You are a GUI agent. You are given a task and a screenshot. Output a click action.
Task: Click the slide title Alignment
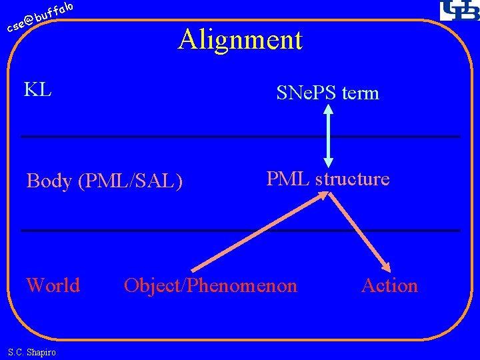click(240, 40)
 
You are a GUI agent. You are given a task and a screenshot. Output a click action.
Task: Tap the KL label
click(38, 89)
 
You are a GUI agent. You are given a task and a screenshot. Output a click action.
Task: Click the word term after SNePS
click(360, 93)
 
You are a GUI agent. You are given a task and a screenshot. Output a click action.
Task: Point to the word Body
click(49, 181)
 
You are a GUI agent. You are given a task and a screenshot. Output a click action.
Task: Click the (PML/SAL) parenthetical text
click(130, 181)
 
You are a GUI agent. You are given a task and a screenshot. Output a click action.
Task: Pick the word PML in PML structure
click(289, 179)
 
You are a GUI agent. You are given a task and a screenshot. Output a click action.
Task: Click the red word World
click(53, 285)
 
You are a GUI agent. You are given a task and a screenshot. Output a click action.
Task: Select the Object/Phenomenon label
click(211, 286)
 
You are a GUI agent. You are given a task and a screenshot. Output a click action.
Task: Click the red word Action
click(389, 285)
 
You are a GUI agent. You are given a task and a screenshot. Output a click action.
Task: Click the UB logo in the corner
click(458, 11)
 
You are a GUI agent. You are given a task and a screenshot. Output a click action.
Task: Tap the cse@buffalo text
click(39, 18)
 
